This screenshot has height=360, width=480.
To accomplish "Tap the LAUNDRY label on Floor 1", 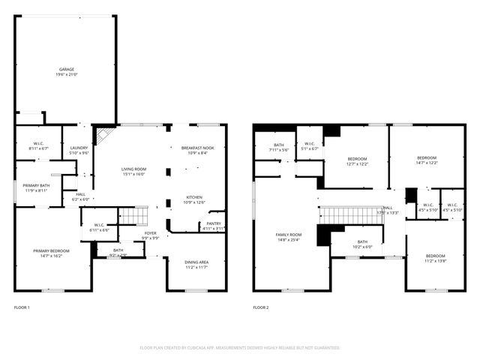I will [x=79, y=148].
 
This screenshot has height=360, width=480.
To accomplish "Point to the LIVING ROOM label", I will [x=133, y=169].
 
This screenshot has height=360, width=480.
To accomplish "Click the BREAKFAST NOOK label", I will [x=197, y=148].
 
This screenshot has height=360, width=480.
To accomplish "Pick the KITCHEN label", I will [x=193, y=197].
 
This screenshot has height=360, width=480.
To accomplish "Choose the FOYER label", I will [x=150, y=233].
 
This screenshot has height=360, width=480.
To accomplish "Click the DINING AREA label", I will [x=196, y=262].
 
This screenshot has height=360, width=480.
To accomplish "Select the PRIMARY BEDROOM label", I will [x=51, y=250].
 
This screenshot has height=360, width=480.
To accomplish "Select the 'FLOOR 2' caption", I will [x=261, y=307].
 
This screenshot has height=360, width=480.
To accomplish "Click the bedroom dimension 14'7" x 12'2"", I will [x=427, y=163].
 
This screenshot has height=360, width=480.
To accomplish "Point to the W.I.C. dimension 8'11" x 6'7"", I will [x=38, y=148].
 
